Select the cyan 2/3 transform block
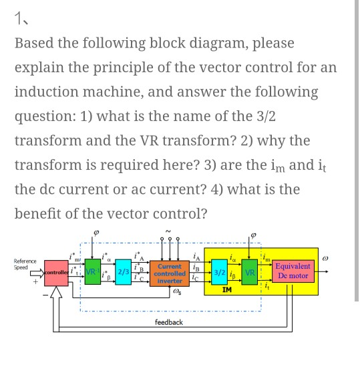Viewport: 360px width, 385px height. pos(124,273)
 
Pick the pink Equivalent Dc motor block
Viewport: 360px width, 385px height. pos(293,271)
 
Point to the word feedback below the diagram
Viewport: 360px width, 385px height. pos(168,323)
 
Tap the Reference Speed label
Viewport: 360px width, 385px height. pos(25,264)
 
